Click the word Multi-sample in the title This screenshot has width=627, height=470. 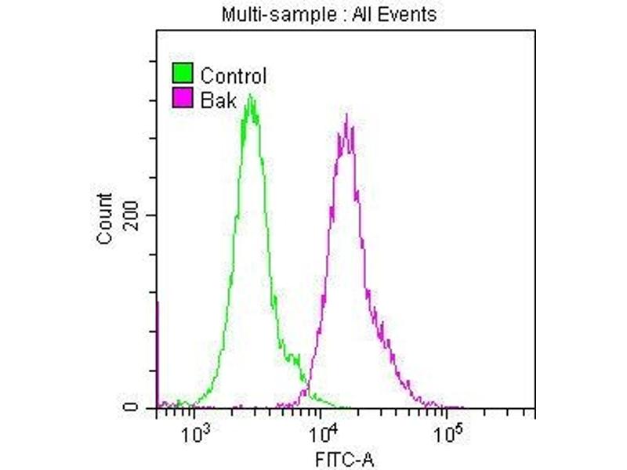coord(262,14)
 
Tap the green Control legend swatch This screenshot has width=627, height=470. coord(182,74)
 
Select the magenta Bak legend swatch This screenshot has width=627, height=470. coord(182,98)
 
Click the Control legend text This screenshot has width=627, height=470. coord(234,76)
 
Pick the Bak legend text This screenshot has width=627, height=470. coord(218,99)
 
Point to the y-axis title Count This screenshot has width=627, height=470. coord(105,219)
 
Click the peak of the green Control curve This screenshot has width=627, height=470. coord(249,97)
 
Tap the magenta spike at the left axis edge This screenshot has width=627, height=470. coord(158,352)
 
